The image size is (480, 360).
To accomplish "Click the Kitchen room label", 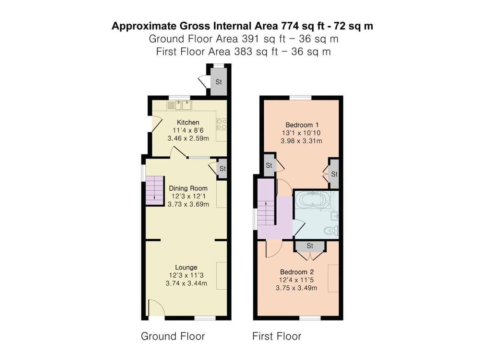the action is point(188,122).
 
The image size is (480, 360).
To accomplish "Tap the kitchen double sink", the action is point(179,105).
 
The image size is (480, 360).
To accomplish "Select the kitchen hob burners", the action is point(221,124).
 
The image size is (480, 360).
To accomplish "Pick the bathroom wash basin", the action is point(335,216).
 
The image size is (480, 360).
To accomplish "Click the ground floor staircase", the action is point(155,190).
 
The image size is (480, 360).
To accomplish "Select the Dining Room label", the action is point(188,188).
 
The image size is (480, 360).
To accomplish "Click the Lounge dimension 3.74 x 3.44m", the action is point(186,283).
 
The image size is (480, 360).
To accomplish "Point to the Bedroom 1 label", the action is point(302,125).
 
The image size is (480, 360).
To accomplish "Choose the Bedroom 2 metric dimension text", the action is point(296,288).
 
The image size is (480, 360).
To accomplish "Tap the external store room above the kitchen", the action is point(219,82).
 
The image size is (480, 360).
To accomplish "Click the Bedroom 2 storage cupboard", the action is point(310,246).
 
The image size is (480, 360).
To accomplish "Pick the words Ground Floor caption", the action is point(173,336).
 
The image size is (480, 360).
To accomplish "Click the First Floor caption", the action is point(277,336).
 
